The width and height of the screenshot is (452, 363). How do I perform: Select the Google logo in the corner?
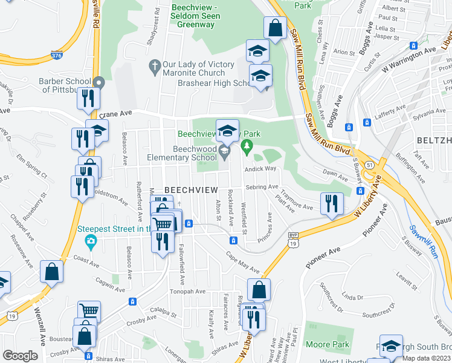click(20, 356)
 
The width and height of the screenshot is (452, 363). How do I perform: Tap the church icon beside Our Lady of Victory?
click(154, 65)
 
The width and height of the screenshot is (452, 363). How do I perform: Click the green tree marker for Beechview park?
click(246, 146)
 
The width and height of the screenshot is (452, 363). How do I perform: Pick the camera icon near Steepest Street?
click(90, 242)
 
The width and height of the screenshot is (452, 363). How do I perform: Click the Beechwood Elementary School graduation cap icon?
click(224, 151)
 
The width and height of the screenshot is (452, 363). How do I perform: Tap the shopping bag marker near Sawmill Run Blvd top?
click(274, 28)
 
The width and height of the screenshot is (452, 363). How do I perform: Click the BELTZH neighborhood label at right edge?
click(434, 140)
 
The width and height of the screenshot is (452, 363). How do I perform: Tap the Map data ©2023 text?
click(427, 358)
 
